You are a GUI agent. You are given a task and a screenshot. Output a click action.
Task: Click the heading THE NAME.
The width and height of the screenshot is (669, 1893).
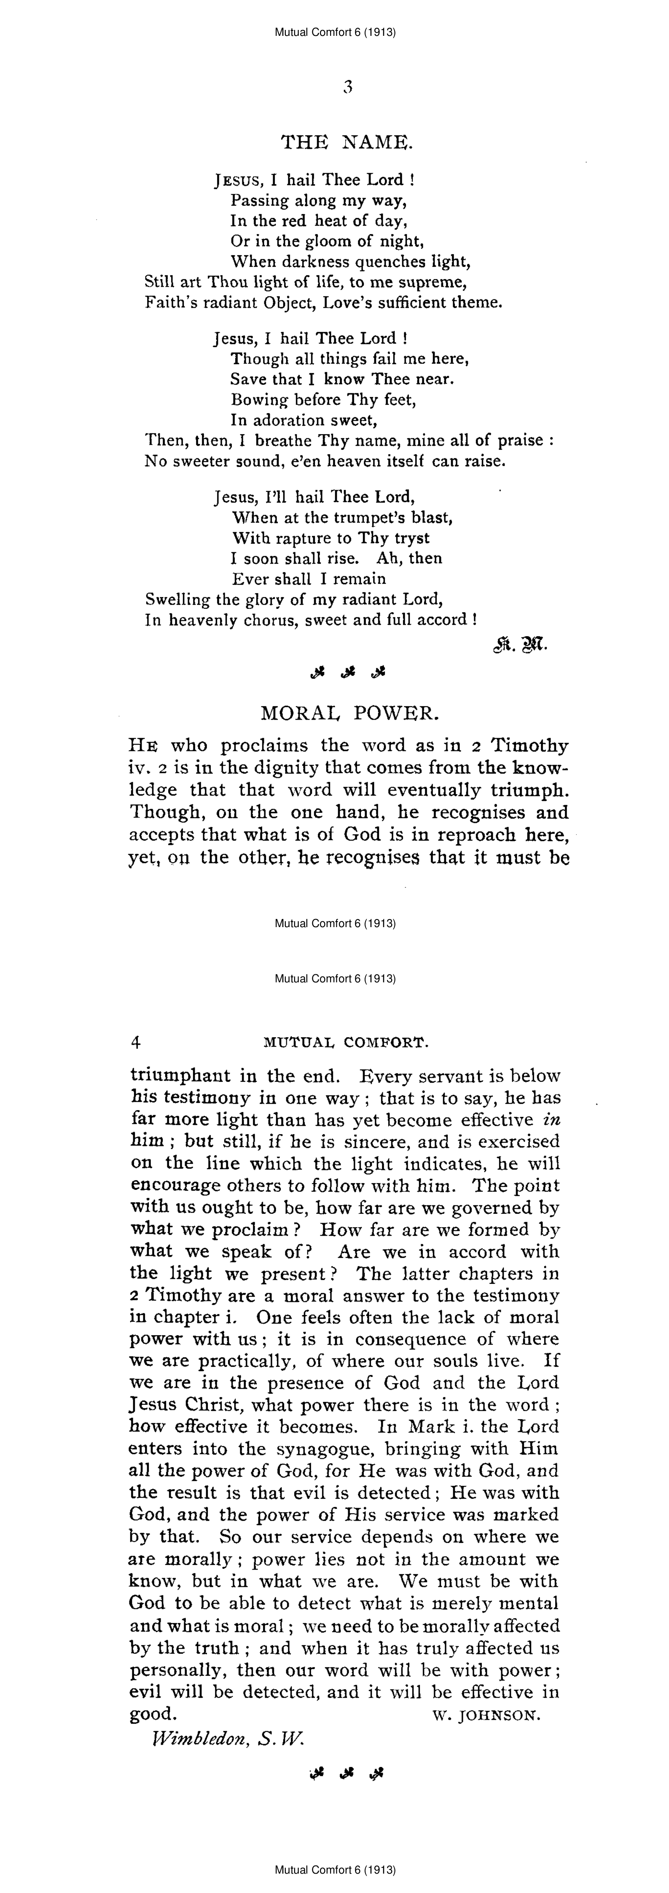pyautogui.click(x=347, y=142)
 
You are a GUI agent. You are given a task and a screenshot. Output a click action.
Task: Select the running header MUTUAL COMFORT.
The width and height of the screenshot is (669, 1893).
pyautogui.click(x=346, y=1042)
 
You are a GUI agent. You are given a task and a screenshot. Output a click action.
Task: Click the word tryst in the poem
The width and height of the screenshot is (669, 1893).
pyautogui.click(x=412, y=538)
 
